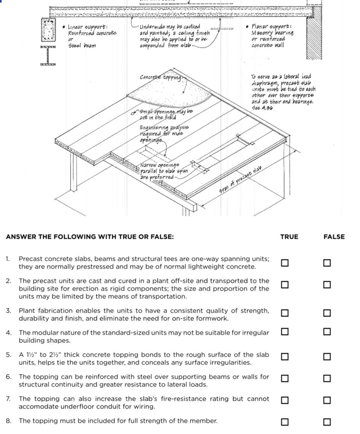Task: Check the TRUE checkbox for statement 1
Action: pyautogui.click(x=284, y=263)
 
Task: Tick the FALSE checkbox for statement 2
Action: pyautogui.click(x=327, y=285)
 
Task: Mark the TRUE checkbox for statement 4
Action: pyautogui.click(x=284, y=331)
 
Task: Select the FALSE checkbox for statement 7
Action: pyautogui.click(x=327, y=400)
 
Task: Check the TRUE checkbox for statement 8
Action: pyautogui.click(x=284, y=422)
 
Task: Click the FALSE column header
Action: pyautogui.click(x=334, y=237)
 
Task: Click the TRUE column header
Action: pyautogui.click(x=289, y=237)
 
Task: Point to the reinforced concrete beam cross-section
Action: pyautogui.click(x=48, y=30)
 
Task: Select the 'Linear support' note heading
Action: pyautogui.click(x=87, y=27)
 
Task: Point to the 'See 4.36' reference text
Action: pyautogui.click(x=262, y=108)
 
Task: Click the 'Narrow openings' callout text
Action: pyautogui.click(x=159, y=165)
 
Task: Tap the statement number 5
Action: pyautogui.click(x=8, y=355)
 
